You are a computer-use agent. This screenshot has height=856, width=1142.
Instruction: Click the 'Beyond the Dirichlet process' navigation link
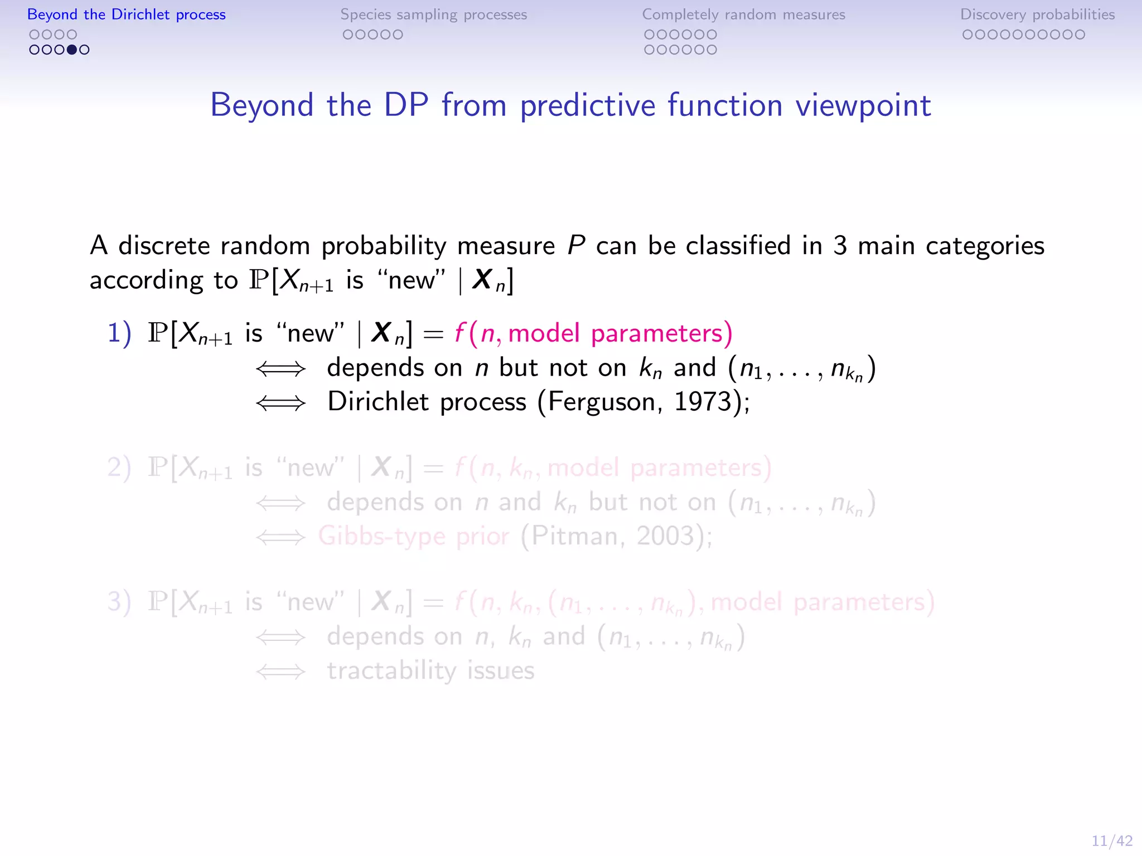point(127,14)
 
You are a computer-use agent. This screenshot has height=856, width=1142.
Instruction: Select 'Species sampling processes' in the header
point(433,14)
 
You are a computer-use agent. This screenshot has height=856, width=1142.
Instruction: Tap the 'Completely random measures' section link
point(743,14)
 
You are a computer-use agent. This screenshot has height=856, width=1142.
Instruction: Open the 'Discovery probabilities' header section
point(1037,14)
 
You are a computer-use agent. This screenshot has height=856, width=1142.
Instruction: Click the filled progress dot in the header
point(72,50)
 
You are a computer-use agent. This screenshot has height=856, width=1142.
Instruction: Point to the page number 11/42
point(1111,840)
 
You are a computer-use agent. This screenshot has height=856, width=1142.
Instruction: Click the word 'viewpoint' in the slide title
point(863,105)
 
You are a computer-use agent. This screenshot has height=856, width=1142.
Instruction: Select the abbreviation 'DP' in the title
point(406,105)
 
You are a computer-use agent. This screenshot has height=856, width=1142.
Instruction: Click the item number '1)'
point(119,333)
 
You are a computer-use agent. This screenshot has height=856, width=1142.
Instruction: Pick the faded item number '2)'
point(119,468)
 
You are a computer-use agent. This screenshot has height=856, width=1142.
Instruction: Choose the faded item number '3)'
point(119,602)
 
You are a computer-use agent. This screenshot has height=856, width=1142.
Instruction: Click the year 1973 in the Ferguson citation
point(702,402)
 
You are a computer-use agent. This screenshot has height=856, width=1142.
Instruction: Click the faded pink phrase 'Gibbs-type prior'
point(413,536)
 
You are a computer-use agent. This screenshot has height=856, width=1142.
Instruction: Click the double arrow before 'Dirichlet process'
point(280,403)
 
